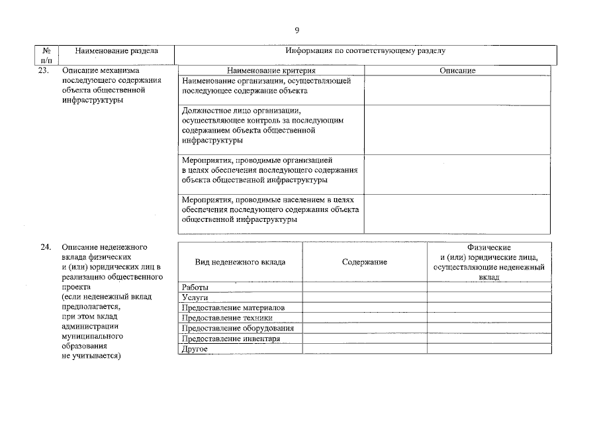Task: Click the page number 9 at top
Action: [297, 30]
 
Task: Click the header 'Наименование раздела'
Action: [116, 50]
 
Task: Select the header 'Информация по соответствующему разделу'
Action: [365, 50]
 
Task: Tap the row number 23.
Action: [44, 70]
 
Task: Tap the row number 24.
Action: [44, 247]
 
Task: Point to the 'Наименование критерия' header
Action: [271, 70]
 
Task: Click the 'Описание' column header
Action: [457, 70]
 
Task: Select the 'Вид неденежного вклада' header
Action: [240, 262]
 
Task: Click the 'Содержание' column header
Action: [365, 262]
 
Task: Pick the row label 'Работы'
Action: [195, 288]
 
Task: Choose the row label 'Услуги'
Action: [195, 298]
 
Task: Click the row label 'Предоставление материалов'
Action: [233, 308]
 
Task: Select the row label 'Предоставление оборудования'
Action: [237, 328]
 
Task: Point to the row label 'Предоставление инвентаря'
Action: [230, 339]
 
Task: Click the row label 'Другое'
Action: [195, 348]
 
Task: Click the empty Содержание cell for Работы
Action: [365, 288]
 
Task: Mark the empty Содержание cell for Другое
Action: [365, 348]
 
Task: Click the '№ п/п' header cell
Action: [46, 55]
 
